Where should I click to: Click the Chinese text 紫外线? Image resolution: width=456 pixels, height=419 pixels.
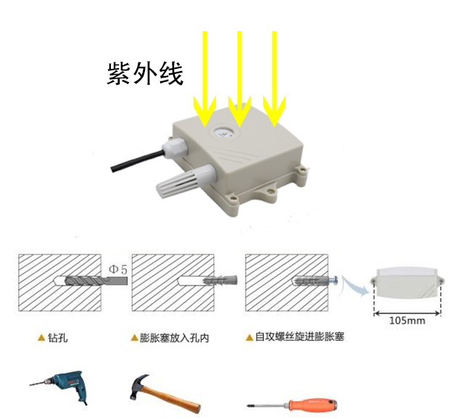click(145, 74)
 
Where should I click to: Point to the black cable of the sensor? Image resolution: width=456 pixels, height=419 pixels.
click(135, 159)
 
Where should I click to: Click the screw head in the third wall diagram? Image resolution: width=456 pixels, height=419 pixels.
click(335, 280)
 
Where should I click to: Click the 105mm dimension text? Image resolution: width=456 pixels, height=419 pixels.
click(407, 320)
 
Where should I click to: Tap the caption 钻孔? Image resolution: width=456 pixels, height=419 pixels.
click(57, 338)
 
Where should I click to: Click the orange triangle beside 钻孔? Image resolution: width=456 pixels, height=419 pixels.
click(41, 338)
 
